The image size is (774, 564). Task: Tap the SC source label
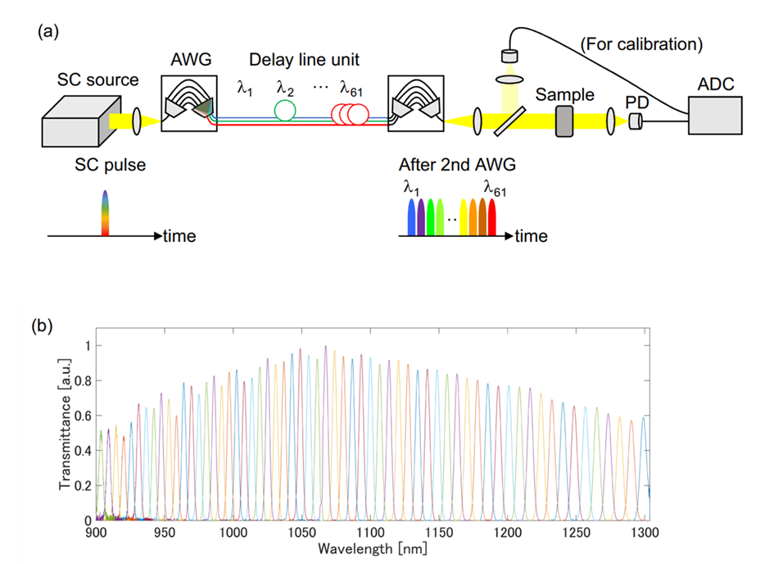point(97,80)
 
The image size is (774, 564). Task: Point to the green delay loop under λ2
point(285,110)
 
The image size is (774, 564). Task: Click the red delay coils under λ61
point(349,114)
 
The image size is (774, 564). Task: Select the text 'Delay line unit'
point(303,61)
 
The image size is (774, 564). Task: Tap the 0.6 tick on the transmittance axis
point(83,416)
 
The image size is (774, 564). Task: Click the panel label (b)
point(42,325)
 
